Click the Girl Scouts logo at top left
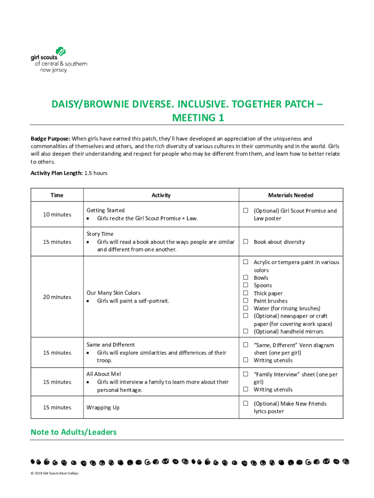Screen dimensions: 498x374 [58, 60]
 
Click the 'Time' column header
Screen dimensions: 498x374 [57, 196]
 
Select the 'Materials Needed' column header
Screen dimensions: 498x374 [290, 196]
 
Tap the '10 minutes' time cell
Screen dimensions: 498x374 [57, 214]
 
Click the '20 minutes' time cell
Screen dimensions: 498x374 [57, 297]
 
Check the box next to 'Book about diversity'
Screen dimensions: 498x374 [246, 242]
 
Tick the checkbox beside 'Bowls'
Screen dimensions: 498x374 [246, 278]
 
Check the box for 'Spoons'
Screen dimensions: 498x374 [246, 285]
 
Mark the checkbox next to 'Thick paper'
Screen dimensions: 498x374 [246, 293]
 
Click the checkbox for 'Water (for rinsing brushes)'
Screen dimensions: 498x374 [246, 308]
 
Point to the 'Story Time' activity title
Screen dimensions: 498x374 [100, 234]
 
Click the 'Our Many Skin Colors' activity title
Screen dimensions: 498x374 [113, 293]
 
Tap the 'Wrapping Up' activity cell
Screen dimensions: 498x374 [103, 408]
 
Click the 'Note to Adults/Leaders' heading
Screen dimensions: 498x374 [73, 432]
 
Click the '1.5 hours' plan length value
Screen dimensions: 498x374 [96, 173]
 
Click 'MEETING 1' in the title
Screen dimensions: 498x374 [187, 118]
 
